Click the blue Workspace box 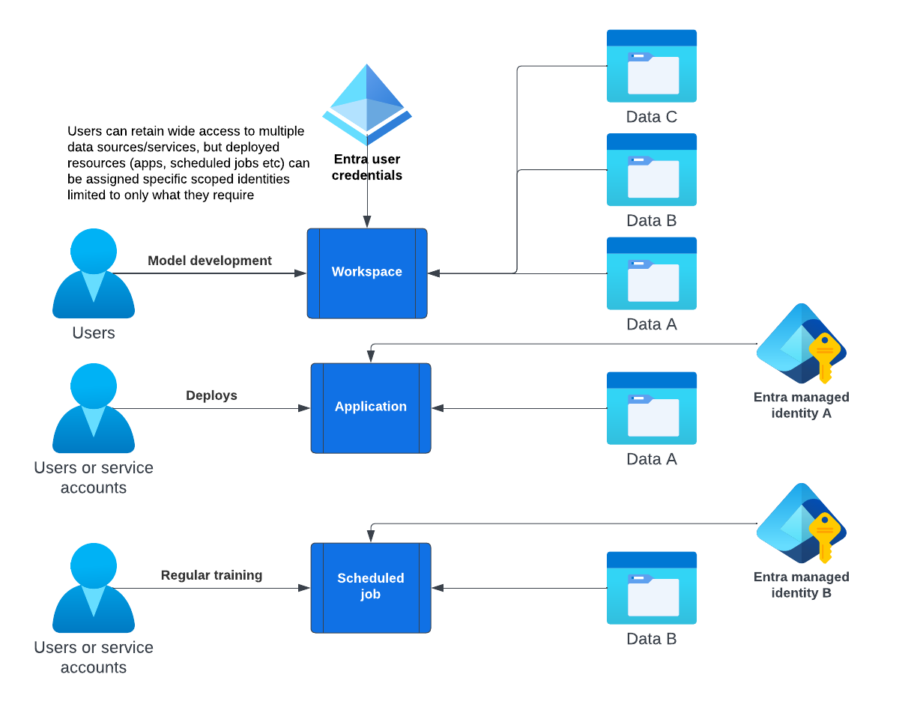pos(367,273)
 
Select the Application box pos(371,408)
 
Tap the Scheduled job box pos(371,588)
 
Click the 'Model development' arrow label pos(210,261)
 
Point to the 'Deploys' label pos(211,395)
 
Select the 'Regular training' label pos(211,575)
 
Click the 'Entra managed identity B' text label pos(801,585)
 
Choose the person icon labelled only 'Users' pos(94,274)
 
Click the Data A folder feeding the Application pos(651,408)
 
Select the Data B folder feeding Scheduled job pos(651,588)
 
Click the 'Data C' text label pos(651,117)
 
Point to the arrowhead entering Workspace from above pos(367,222)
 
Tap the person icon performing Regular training pos(94,589)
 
